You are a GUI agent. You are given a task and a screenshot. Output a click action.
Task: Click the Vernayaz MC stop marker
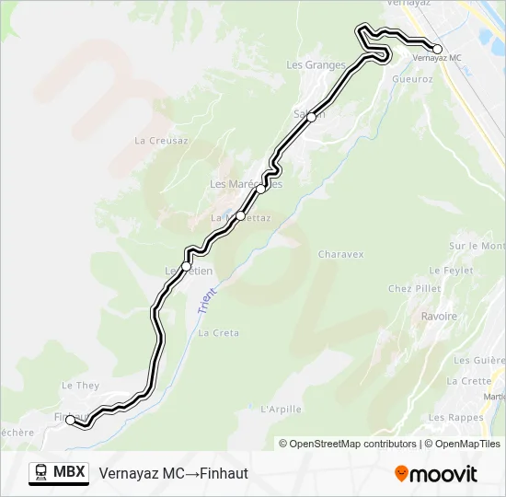pyautogui.click(x=437, y=50)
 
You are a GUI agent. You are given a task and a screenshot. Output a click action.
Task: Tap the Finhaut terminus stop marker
pyautogui.click(x=71, y=420)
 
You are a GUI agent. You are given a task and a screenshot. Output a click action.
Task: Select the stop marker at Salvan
pyautogui.click(x=312, y=117)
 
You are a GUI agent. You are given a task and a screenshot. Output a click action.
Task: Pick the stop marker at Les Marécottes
pyautogui.click(x=261, y=189)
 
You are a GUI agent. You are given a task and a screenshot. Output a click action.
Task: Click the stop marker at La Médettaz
pyautogui.click(x=241, y=216)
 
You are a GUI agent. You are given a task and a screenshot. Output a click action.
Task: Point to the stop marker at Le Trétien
pyautogui.click(x=186, y=267)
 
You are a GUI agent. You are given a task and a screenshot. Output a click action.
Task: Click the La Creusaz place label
pyautogui.click(x=161, y=141)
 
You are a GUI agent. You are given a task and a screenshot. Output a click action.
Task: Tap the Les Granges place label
pyautogui.click(x=316, y=65)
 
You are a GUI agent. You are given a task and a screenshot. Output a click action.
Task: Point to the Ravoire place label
pyautogui.click(x=439, y=317)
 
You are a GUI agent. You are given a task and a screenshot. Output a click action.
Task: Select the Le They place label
pyautogui.click(x=79, y=386)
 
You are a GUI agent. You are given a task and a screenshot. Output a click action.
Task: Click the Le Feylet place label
pyautogui.click(x=451, y=271)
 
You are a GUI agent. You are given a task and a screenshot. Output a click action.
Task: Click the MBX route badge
pyautogui.click(x=59, y=473)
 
